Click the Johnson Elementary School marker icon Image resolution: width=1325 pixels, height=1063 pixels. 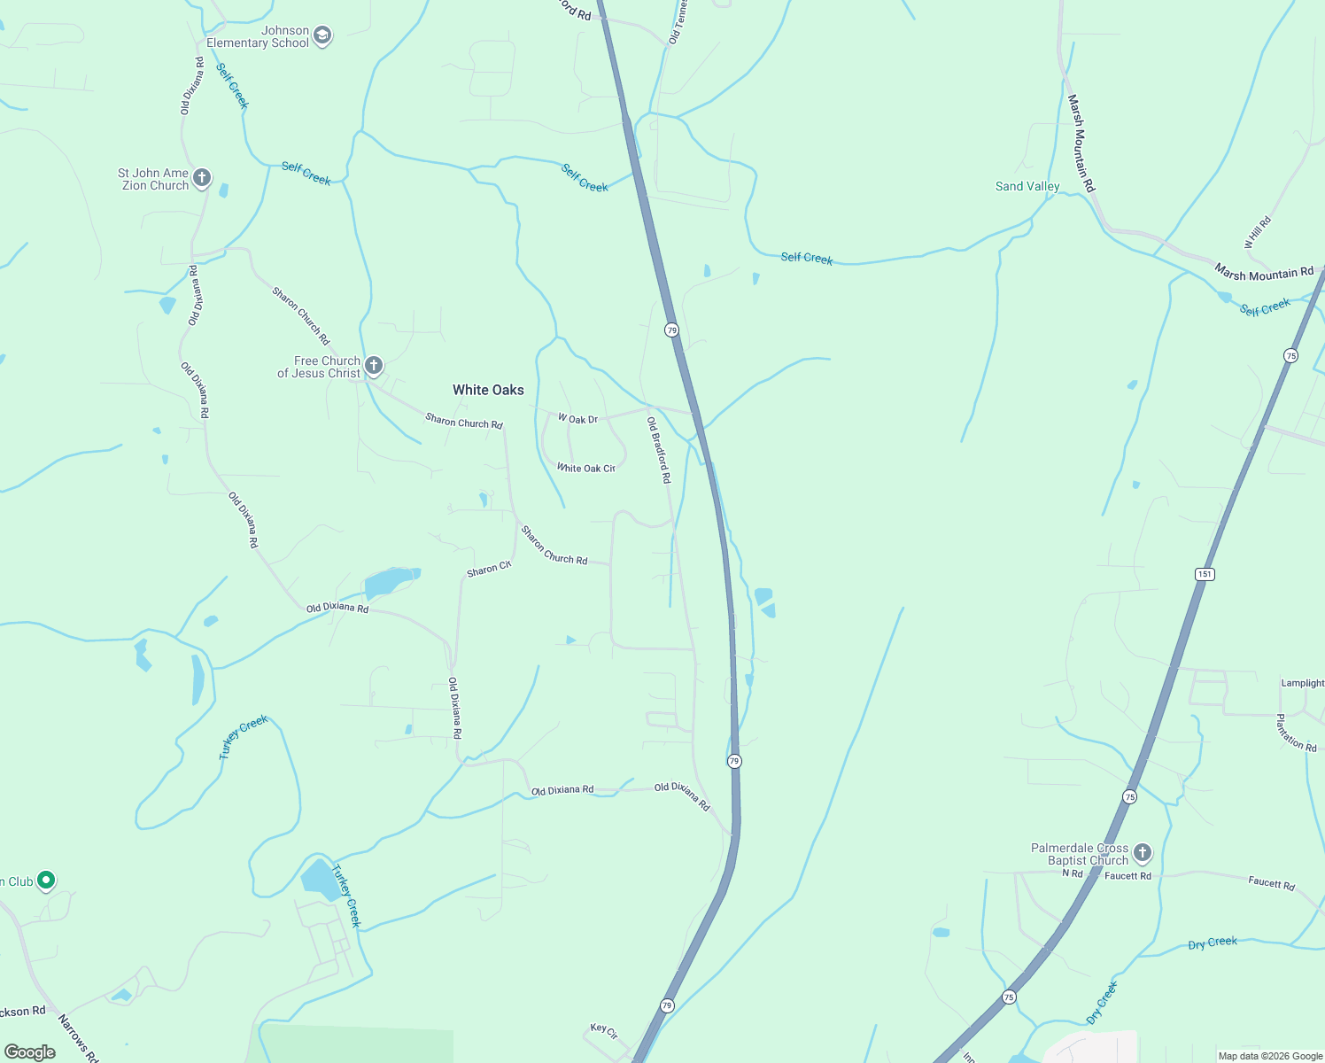322,36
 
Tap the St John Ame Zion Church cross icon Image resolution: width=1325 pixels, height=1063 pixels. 202,178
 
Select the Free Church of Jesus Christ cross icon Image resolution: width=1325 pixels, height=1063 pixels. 374,365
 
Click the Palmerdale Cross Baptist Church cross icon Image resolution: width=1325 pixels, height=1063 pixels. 1143,853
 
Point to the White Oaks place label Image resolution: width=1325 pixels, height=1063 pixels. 488,390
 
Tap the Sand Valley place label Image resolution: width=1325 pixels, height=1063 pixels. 1027,186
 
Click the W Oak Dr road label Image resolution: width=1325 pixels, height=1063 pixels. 577,419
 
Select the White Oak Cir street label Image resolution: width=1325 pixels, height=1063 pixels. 585,468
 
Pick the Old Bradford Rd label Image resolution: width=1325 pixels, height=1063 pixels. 659,450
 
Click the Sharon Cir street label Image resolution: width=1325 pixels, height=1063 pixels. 489,569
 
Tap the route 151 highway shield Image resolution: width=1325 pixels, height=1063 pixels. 1205,574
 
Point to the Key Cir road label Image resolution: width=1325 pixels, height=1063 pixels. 604,1030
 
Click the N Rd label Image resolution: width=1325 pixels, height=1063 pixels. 1073,873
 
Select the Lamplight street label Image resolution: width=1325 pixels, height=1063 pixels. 1302,683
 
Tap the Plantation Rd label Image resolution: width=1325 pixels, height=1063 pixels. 1296,733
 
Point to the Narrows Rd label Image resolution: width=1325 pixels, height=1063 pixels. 79,1037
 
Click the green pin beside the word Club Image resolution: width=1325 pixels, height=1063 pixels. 47,881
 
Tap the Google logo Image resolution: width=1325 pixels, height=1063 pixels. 30,1052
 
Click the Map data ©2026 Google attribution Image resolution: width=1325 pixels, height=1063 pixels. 1270,1056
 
